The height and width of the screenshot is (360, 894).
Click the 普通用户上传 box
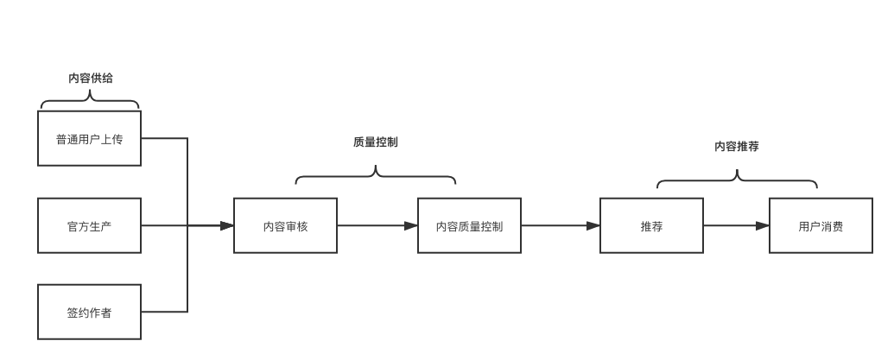[x=89, y=138]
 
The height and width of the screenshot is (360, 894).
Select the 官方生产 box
[x=89, y=226]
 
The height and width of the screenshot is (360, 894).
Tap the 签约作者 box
[x=89, y=313]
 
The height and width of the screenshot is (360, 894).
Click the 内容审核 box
[x=285, y=226]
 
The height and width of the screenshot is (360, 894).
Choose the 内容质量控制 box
[x=469, y=226]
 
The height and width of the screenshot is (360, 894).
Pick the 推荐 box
[x=651, y=226]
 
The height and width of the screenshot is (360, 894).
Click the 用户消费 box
[x=821, y=226]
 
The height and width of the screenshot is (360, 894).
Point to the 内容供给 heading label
[x=91, y=78]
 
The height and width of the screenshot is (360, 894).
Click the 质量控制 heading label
[x=376, y=142]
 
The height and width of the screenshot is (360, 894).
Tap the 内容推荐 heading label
[x=737, y=147]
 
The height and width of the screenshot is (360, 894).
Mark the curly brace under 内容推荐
[x=737, y=181]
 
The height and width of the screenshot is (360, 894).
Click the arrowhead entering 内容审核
[x=226, y=226]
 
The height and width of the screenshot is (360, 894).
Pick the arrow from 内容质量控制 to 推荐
[x=561, y=226]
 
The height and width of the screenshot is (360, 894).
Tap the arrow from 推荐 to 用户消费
[x=736, y=226]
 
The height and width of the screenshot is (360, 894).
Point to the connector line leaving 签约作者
[x=164, y=312]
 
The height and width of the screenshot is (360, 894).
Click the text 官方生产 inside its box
[x=89, y=226]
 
